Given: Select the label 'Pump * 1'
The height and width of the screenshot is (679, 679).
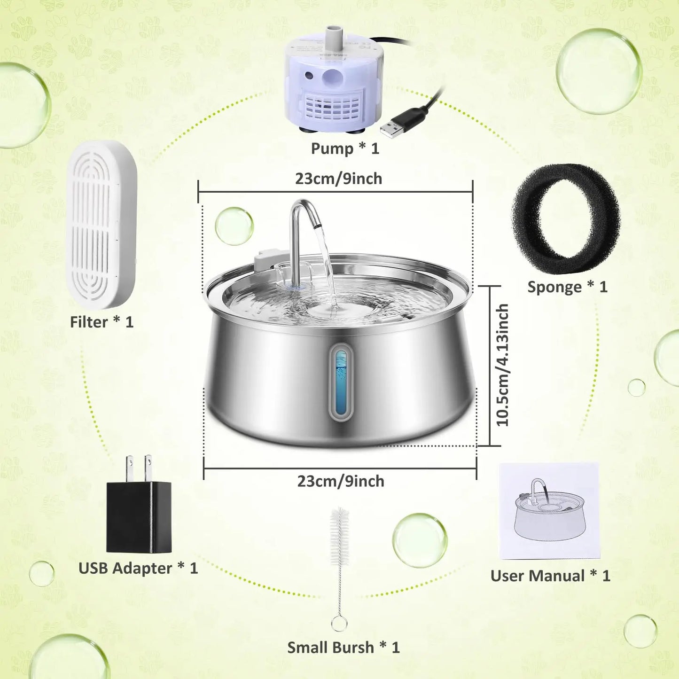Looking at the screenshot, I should (345, 148).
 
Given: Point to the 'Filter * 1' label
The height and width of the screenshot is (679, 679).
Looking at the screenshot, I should (101, 322).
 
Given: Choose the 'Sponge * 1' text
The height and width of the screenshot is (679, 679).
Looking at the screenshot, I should (567, 287).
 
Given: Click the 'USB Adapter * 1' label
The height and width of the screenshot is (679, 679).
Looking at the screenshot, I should (138, 569).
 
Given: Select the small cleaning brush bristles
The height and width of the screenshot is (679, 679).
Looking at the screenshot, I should (340, 538).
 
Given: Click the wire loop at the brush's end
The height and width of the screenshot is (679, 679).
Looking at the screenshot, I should (339, 624).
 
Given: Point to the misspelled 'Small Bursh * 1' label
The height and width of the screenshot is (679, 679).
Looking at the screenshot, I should (343, 648).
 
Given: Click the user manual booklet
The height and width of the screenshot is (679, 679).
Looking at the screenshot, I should (549, 511).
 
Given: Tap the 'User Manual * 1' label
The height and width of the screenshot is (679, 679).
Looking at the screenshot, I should (550, 576).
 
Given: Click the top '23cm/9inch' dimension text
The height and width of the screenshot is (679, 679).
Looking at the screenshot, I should (338, 179).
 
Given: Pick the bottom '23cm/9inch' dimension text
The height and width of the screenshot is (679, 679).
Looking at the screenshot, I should (341, 481).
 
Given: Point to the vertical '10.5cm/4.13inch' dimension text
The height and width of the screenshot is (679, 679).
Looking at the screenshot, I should (502, 365).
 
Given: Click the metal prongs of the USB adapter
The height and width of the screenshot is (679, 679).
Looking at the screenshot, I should (139, 468).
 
